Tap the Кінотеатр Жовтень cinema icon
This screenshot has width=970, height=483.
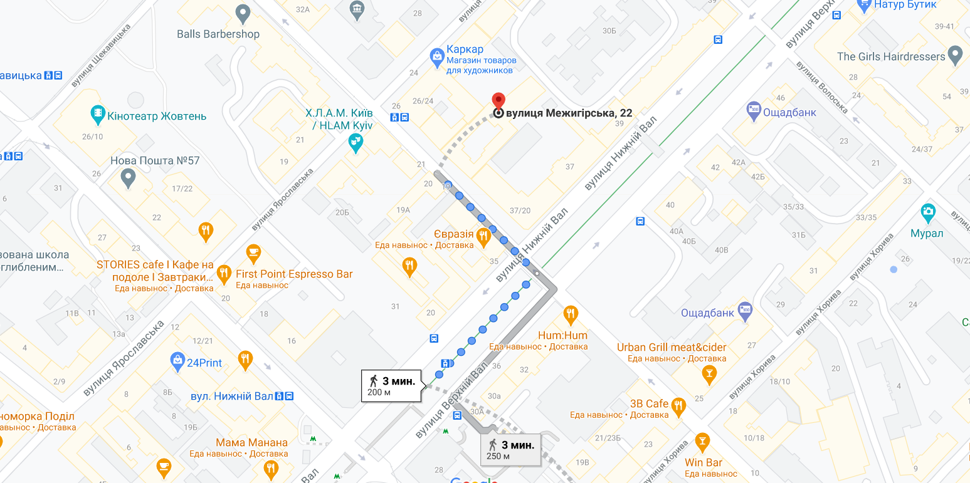(98, 114)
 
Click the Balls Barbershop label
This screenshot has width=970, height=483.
(218, 34)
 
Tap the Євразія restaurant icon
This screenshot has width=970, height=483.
(483, 237)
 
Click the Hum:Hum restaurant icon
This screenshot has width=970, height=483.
(570, 313)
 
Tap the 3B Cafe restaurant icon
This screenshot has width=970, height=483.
(678, 406)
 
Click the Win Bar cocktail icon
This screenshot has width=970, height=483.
(702, 441)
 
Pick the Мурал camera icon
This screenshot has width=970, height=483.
(928, 212)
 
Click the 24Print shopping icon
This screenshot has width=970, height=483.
(177, 360)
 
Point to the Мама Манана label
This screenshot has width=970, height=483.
(251, 442)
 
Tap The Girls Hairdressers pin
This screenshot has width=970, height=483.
(955, 55)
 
